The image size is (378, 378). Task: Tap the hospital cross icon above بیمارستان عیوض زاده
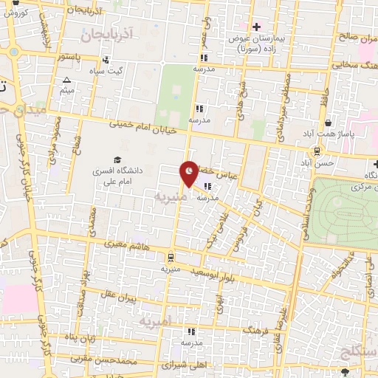click(256, 27)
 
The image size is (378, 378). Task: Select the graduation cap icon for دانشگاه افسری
click(117, 160)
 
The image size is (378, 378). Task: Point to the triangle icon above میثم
click(67, 80)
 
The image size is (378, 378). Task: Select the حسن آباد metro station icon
click(317, 151)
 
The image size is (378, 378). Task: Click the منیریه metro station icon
click(171, 258)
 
